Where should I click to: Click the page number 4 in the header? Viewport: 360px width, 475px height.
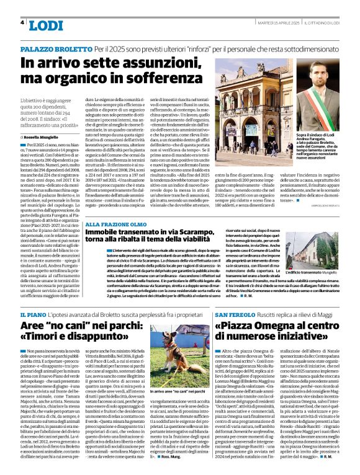point(22,22)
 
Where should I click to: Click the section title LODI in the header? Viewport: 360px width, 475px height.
point(47,25)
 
